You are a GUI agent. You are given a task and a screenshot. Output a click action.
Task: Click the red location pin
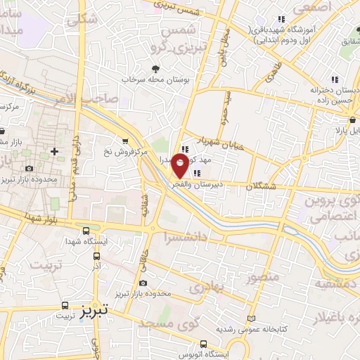click(x=181, y=166)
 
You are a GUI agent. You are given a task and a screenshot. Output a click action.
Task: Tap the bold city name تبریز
click(x=94, y=310)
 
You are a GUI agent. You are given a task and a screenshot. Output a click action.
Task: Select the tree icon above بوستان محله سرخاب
click(x=155, y=69)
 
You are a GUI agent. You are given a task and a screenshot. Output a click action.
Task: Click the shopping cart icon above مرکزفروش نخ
click(x=126, y=139)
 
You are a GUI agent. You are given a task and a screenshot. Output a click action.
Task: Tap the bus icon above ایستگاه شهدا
click(x=86, y=230)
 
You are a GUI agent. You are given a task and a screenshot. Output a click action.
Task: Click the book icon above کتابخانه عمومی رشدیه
click(x=252, y=318)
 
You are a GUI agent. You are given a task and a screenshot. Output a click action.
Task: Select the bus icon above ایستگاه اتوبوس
click(x=203, y=345)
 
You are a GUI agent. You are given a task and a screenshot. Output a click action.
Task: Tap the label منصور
click(x=264, y=276)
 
